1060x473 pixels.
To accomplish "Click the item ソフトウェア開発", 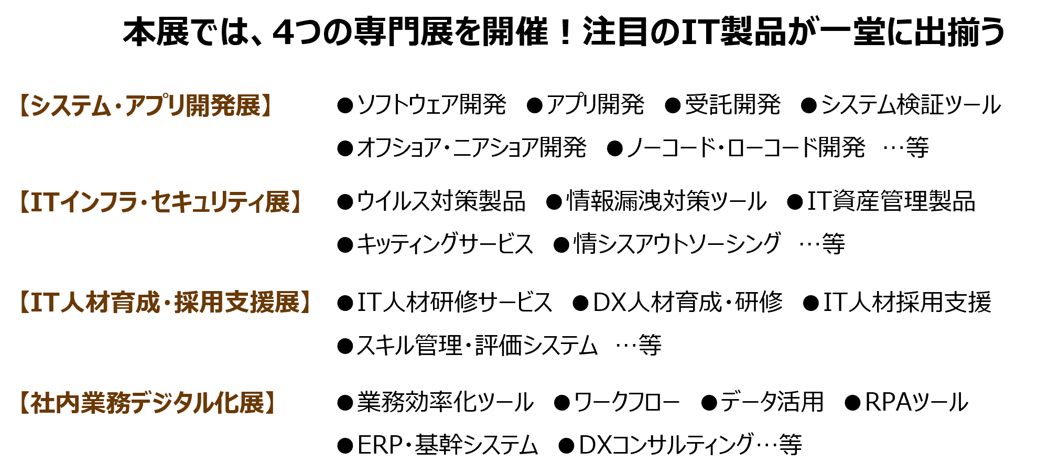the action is pyautogui.click(x=431, y=105).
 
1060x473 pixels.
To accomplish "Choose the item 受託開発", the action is pyautogui.click(x=732, y=105).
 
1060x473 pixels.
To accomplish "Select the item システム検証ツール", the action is pyautogui.click(x=911, y=105).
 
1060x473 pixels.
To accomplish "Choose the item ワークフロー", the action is pyautogui.click(x=626, y=403).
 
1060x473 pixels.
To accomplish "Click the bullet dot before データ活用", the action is pyautogui.click(x=709, y=403).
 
